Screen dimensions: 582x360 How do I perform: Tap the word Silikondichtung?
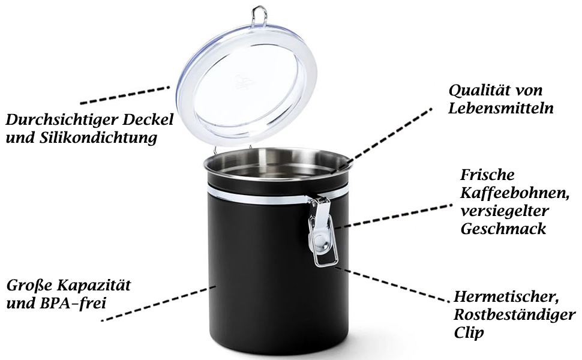tap(98, 137)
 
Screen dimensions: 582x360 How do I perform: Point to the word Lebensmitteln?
tap(501, 108)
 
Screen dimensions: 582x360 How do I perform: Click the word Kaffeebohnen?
tap(514, 193)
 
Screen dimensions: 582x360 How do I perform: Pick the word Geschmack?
tap(503, 229)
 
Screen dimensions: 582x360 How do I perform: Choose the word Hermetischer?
tap(506, 297)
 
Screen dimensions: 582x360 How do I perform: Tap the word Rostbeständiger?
tap(514, 315)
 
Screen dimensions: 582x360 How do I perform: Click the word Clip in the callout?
tap(469, 332)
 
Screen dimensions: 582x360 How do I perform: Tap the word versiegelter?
tap(505, 211)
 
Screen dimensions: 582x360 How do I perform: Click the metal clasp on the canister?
tap(322, 231)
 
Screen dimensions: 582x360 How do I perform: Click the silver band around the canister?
tap(260, 196)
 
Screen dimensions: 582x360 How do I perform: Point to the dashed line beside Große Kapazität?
tap(159, 303)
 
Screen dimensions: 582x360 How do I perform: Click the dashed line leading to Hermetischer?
tap(390, 283)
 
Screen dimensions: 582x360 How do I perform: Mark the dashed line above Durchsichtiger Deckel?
tap(125, 95)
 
